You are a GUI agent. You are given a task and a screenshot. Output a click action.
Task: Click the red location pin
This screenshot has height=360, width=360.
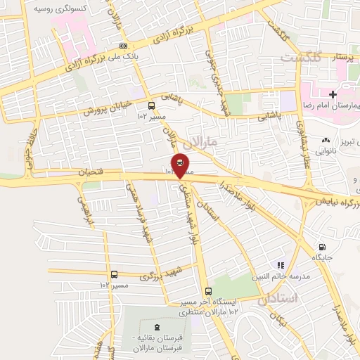point(180,165)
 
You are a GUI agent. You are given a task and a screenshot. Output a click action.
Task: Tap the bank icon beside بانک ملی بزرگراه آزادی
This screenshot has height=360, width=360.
point(124,46)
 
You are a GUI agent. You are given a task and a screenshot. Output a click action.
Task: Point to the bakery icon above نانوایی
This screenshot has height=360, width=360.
point(326,141)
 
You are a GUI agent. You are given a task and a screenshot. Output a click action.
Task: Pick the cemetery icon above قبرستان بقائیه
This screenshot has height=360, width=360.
point(156,326)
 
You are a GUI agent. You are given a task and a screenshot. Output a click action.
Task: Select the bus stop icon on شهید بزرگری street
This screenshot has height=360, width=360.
point(114,274)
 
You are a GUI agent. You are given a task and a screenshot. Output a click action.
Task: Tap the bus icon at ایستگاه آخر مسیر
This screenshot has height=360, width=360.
point(207,291)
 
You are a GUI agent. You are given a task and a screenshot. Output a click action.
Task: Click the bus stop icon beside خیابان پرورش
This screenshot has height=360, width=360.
point(142,106)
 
